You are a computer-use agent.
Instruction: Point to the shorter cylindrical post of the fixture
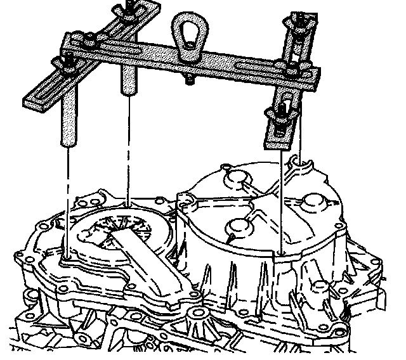[x=128, y=79]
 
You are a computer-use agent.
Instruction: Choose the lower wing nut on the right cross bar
[x=279, y=115]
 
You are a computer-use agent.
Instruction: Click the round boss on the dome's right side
[x=315, y=201]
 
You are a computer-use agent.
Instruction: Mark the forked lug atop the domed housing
[x=301, y=165]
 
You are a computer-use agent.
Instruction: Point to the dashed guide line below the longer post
[x=66, y=203]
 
